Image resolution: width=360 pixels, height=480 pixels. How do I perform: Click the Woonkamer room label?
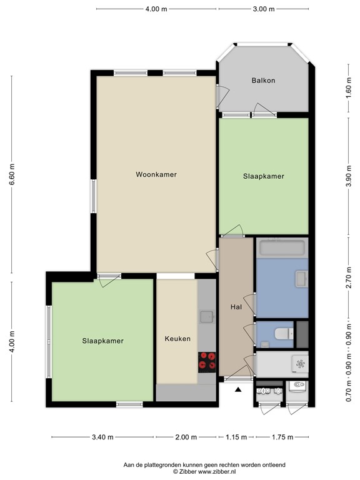coord(156,174)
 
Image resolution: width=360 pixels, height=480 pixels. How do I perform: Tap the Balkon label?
coord(263,81)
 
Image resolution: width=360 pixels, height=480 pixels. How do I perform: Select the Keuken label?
coord(177,339)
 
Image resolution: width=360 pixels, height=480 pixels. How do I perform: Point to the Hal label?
coord(236,307)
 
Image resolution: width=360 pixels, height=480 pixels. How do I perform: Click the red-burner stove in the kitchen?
coord(207,362)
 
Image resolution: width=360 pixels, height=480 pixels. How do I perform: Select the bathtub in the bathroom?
coord(282,248)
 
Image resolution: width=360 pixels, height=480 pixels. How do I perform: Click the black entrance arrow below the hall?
coord(238,390)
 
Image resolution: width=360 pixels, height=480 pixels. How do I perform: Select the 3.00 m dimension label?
coord(263,9)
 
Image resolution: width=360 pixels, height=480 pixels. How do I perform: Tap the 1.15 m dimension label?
coord(237,437)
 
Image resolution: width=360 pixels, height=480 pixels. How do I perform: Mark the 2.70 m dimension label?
coord(348,276)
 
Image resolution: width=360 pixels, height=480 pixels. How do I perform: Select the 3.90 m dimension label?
coord(348,176)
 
